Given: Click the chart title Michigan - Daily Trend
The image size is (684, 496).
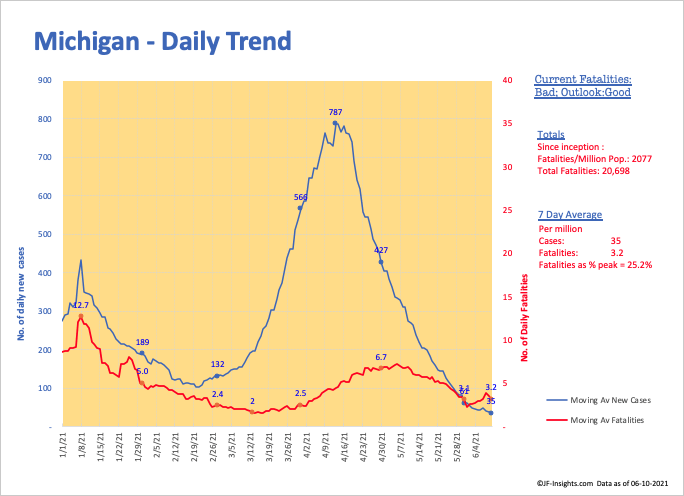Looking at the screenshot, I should [163, 43].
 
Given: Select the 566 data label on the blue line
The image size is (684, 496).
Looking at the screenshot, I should [300, 197].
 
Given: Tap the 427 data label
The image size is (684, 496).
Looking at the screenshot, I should [380, 249].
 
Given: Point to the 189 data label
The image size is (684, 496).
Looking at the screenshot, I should [142, 342].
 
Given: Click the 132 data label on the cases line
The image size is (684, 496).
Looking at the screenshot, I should [217, 364].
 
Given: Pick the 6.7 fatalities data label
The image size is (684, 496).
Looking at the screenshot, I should [381, 357].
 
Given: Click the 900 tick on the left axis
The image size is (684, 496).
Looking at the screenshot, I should [45, 81].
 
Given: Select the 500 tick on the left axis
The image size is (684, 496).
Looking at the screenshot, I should [45, 234].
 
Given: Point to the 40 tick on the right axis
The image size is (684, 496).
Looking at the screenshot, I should [507, 81].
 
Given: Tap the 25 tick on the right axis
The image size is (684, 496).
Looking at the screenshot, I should [507, 211].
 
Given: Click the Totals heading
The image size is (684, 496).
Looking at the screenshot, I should [550, 134].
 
